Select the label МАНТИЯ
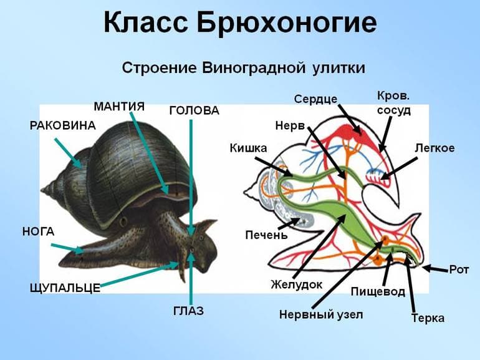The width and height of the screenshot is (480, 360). pyautogui.click(x=119, y=106)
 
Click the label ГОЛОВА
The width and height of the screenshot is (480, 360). pyautogui.click(x=194, y=111)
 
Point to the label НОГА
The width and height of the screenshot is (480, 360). pyautogui.click(x=38, y=231)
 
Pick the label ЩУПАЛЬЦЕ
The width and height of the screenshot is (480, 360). pyautogui.click(x=65, y=288)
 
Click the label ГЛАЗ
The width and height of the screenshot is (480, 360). pyautogui.click(x=188, y=311)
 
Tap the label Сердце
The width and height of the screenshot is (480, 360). pyautogui.click(x=315, y=99)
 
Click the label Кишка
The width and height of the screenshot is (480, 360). pyautogui.click(x=248, y=148)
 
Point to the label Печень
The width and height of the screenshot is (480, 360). pyautogui.click(x=266, y=235)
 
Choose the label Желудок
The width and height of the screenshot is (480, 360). pyautogui.click(x=296, y=285)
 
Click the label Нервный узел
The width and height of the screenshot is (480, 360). pyautogui.click(x=320, y=314)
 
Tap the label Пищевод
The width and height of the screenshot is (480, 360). pyautogui.click(x=378, y=291)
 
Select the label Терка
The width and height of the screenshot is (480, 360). pyautogui.click(x=428, y=318)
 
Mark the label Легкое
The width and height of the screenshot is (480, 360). pyautogui.click(x=434, y=148)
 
